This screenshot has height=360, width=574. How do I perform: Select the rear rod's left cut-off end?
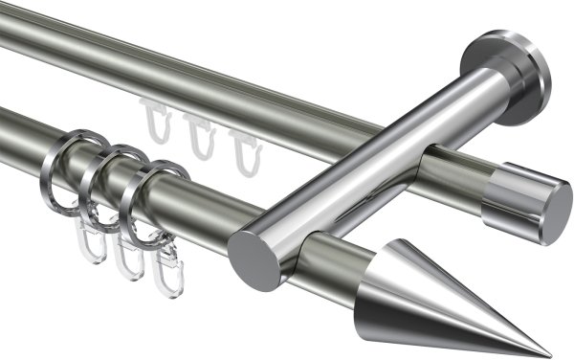tap(6, 48)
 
